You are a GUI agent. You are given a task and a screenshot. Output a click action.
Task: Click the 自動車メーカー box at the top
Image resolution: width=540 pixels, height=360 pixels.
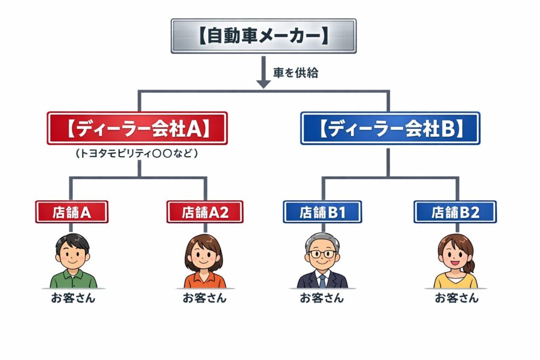[x=264, y=36]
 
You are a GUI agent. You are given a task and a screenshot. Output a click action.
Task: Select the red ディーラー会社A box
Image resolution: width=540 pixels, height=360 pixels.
[x=137, y=128]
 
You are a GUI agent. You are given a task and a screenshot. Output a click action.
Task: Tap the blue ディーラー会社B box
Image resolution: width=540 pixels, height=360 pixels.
[x=390, y=128]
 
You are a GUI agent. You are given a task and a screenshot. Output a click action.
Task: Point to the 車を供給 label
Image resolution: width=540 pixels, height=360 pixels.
[x=295, y=73]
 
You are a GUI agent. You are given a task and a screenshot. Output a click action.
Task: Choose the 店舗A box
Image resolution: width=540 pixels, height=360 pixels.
[x=72, y=212]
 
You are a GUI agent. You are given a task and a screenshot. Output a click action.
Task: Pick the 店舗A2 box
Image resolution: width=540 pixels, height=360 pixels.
[x=205, y=212]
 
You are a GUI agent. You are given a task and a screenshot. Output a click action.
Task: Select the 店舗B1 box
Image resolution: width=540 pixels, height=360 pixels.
[x=322, y=212]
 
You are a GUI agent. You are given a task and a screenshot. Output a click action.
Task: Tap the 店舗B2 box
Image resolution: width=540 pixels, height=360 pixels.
[x=455, y=212]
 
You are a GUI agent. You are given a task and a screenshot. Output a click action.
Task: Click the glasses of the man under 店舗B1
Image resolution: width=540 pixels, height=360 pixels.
[x=322, y=254]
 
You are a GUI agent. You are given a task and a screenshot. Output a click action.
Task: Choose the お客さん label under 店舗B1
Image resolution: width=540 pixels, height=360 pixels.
[x=322, y=298]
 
